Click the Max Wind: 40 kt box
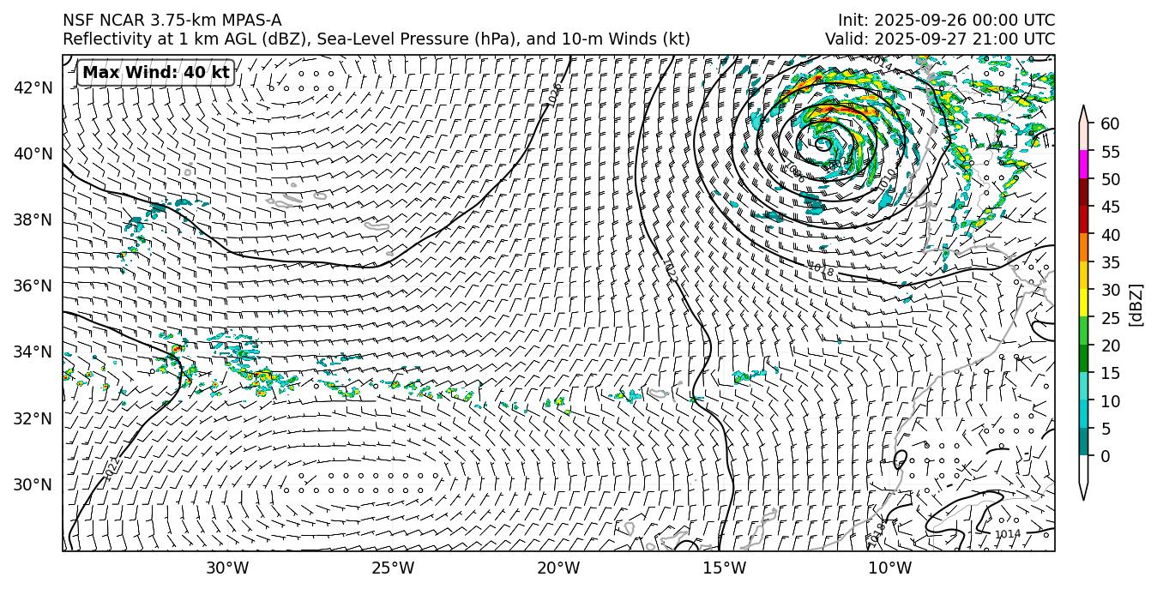(155, 73)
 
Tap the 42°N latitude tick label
(33, 87)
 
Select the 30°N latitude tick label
(33, 484)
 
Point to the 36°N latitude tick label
(33, 285)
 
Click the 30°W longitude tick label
(227, 568)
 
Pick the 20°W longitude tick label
(558, 568)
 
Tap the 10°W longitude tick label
(890, 568)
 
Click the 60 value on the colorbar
(1110, 124)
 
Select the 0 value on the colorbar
(1106, 456)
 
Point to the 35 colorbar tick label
(1110, 262)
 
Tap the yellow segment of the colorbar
(1084, 304)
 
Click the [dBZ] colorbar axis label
(1136, 304)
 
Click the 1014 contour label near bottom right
(1007, 534)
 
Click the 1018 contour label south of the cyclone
(822, 269)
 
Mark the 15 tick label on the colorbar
(1110, 373)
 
